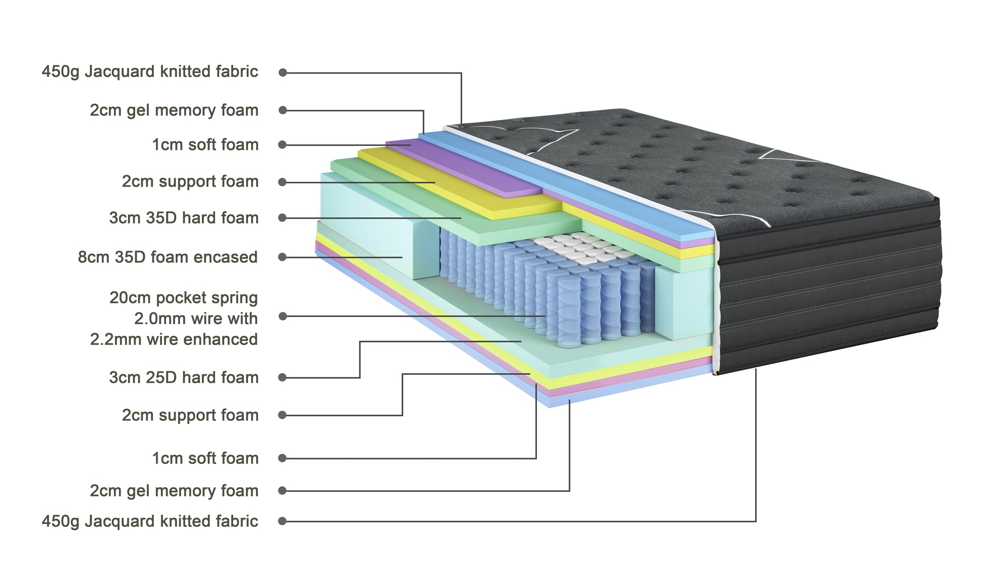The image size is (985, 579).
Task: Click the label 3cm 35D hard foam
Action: tap(183, 218)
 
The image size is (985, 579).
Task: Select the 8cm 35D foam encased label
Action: tap(168, 257)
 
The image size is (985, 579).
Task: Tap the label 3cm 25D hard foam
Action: tap(183, 377)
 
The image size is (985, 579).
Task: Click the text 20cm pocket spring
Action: tap(183, 298)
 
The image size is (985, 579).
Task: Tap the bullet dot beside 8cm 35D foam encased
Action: tap(282, 257)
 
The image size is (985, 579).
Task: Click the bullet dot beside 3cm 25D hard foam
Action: tap(282, 377)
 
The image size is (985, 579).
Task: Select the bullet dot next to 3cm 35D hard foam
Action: tap(282, 218)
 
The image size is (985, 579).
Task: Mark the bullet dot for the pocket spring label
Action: tap(282, 317)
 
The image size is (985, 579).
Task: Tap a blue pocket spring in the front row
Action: tap(569, 314)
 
